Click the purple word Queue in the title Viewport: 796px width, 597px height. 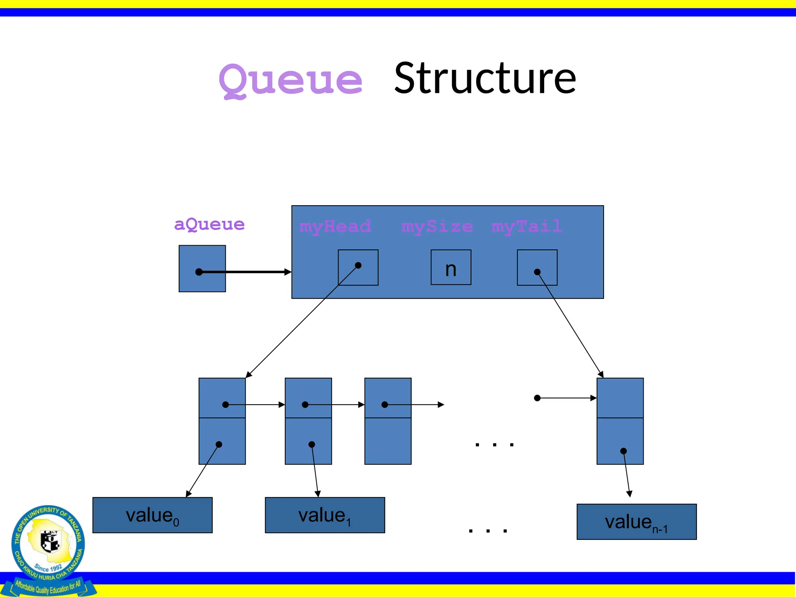pos(291,80)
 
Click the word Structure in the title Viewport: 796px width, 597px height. pos(485,79)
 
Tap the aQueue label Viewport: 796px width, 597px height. pos(209,224)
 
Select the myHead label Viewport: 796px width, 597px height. pos(335,226)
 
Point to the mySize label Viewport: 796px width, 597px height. pos(437,226)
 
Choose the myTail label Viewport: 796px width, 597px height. pos(526,226)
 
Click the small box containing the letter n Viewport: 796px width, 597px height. pos(451,267)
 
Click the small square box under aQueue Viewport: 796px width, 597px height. pos(202,269)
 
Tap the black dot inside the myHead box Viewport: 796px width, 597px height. pos(358,265)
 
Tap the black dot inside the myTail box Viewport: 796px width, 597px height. pos(537,272)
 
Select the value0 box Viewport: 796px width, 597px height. pos(152,515)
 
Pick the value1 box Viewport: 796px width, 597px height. pos(325,515)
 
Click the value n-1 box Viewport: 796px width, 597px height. pos(637,522)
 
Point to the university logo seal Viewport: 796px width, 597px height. pos(48,544)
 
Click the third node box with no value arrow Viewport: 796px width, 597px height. pos(388,421)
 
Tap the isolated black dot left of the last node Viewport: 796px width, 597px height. pos(537,398)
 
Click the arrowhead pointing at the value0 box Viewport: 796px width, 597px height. pos(189,494)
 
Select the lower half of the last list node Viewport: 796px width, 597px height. pos(620,441)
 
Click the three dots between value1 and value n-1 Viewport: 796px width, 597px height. pos(488,531)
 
